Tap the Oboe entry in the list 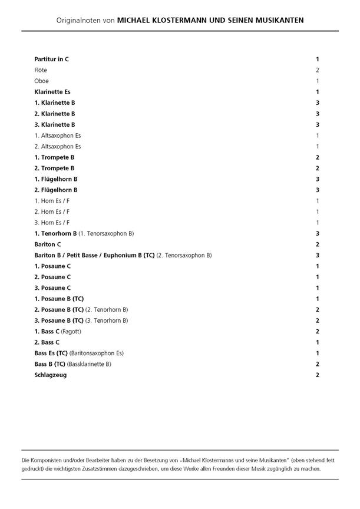[x=41, y=81]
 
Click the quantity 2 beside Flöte [x=318, y=70]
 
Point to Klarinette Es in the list [x=52, y=92]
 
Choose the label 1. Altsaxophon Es [x=58, y=135]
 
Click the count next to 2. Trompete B [x=318, y=168]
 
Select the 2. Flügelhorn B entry [x=56, y=190]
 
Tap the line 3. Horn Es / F [x=52, y=223]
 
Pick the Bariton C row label [x=48, y=244]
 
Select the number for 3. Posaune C [x=318, y=287]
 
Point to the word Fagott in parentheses [x=72, y=331]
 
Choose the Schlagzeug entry [x=50, y=375]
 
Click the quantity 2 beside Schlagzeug [x=318, y=375]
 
